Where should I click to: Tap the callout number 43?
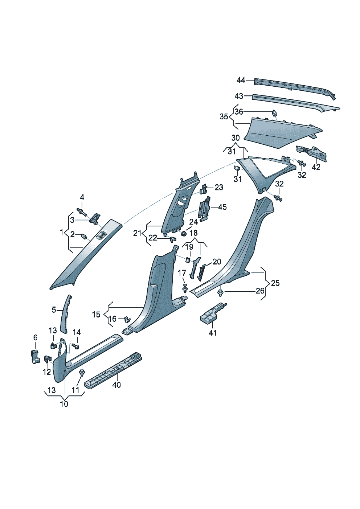239,97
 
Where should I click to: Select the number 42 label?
316,167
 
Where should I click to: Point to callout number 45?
222,207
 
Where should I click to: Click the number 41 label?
213,333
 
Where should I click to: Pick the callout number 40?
116,385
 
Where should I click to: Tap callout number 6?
35,338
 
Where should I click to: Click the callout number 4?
82,197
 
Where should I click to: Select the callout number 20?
217,262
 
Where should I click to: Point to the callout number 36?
238,112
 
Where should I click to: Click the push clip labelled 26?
221,292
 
